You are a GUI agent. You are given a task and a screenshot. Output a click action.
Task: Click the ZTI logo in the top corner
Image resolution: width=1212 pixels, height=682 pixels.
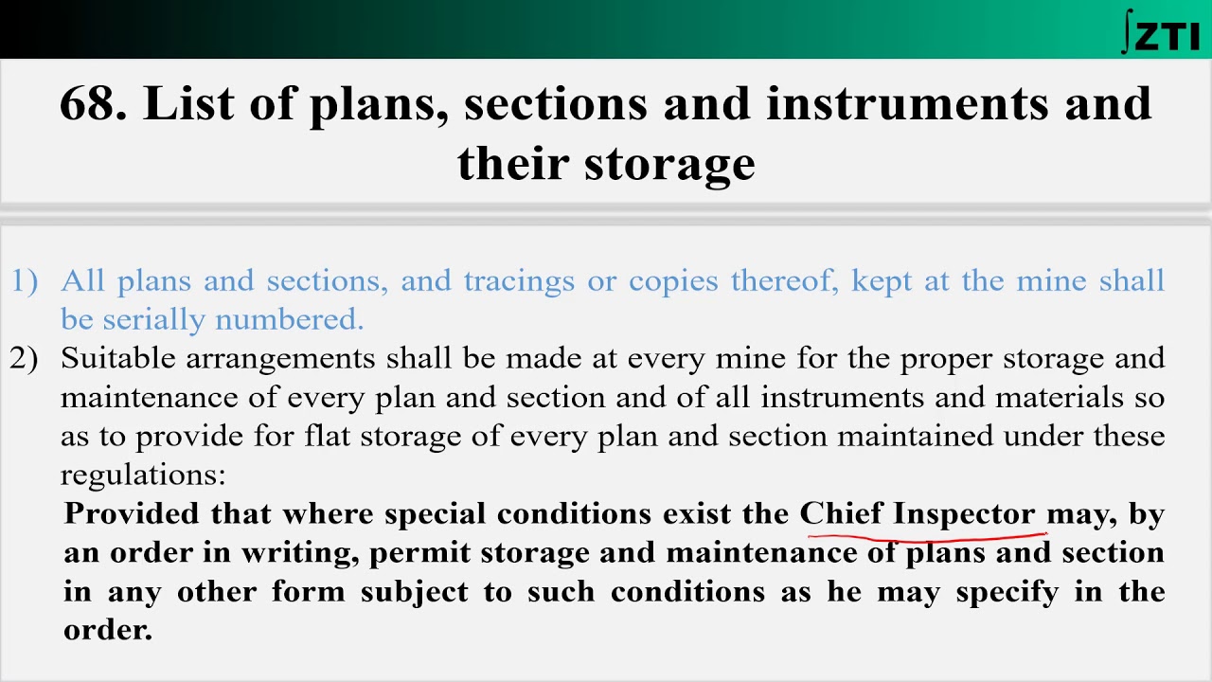click(x=1161, y=31)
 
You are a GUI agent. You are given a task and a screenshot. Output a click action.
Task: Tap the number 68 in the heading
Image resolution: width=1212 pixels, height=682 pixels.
click(x=92, y=102)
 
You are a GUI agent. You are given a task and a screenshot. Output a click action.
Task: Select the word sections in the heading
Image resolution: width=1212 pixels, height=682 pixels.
click(x=555, y=102)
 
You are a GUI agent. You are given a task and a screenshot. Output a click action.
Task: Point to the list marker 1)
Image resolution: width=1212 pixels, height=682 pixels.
click(x=24, y=280)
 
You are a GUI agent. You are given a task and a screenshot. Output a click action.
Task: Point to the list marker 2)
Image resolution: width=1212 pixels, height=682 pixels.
click(x=24, y=358)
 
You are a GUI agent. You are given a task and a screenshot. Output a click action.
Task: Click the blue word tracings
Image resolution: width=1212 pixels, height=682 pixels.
click(x=519, y=280)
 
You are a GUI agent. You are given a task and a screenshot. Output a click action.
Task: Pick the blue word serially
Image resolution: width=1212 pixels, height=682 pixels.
click(x=154, y=320)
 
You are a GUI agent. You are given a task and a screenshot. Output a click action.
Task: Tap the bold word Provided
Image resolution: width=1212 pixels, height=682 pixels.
click(x=133, y=513)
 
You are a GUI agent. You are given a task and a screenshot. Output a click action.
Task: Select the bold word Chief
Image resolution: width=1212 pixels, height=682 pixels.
click(x=841, y=513)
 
